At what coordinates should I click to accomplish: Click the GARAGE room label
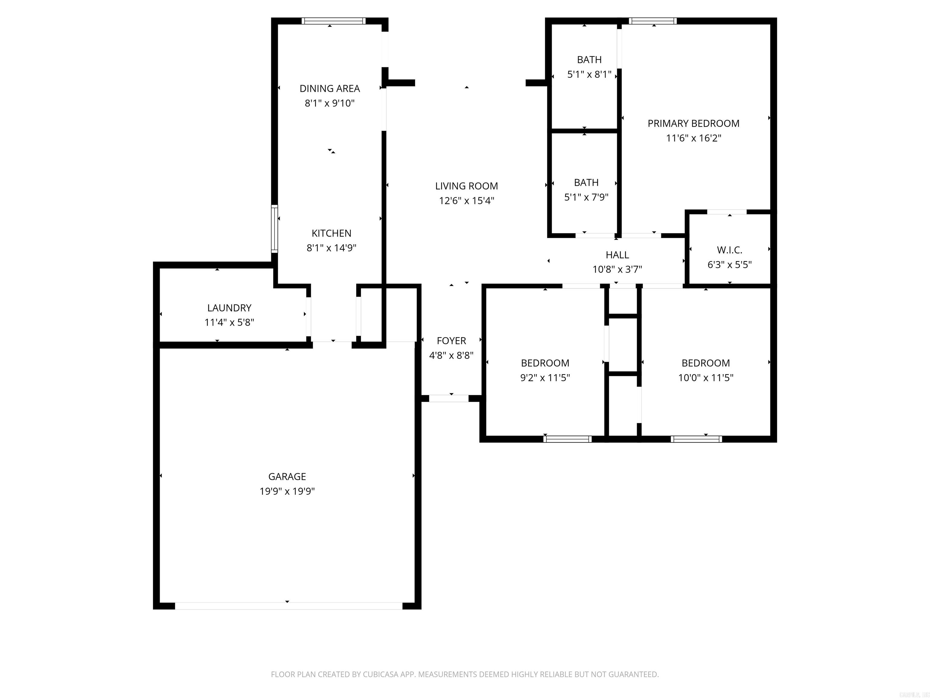[x=287, y=476]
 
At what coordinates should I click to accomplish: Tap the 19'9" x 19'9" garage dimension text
[x=287, y=491]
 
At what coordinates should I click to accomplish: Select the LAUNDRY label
[x=229, y=307]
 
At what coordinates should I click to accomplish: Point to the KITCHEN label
[x=331, y=233]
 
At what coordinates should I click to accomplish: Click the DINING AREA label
[x=330, y=88]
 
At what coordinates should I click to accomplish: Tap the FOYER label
[x=451, y=341]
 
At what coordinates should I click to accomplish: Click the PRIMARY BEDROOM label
[x=693, y=123]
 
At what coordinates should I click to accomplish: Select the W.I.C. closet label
[x=730, y=250]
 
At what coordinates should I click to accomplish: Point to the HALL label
[x=617, y=254]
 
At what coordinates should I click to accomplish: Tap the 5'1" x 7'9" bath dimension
[x=586, y=197]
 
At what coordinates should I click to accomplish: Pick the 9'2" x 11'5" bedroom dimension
[x=545, y=377]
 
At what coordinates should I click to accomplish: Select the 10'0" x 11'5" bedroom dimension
[x=705, y=377]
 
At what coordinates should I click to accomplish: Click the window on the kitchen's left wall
[x=275, y=229]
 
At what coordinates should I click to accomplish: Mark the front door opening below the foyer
[x=449, y=398]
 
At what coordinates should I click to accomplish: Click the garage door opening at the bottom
[x=289, y=606]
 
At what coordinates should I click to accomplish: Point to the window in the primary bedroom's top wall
[x=652, y=21]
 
